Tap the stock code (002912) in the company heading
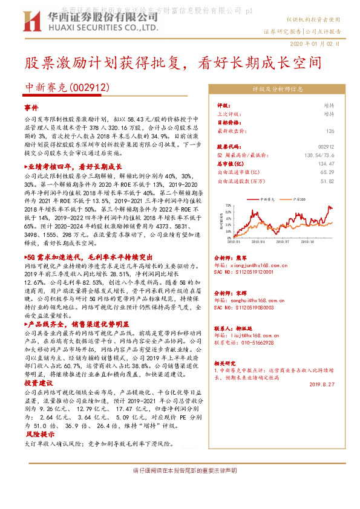[x=90, y=88]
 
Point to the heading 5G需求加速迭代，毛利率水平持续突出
[x=82, y=257]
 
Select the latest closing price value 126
[x=330, y=131]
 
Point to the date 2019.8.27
[x=322, y=382]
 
